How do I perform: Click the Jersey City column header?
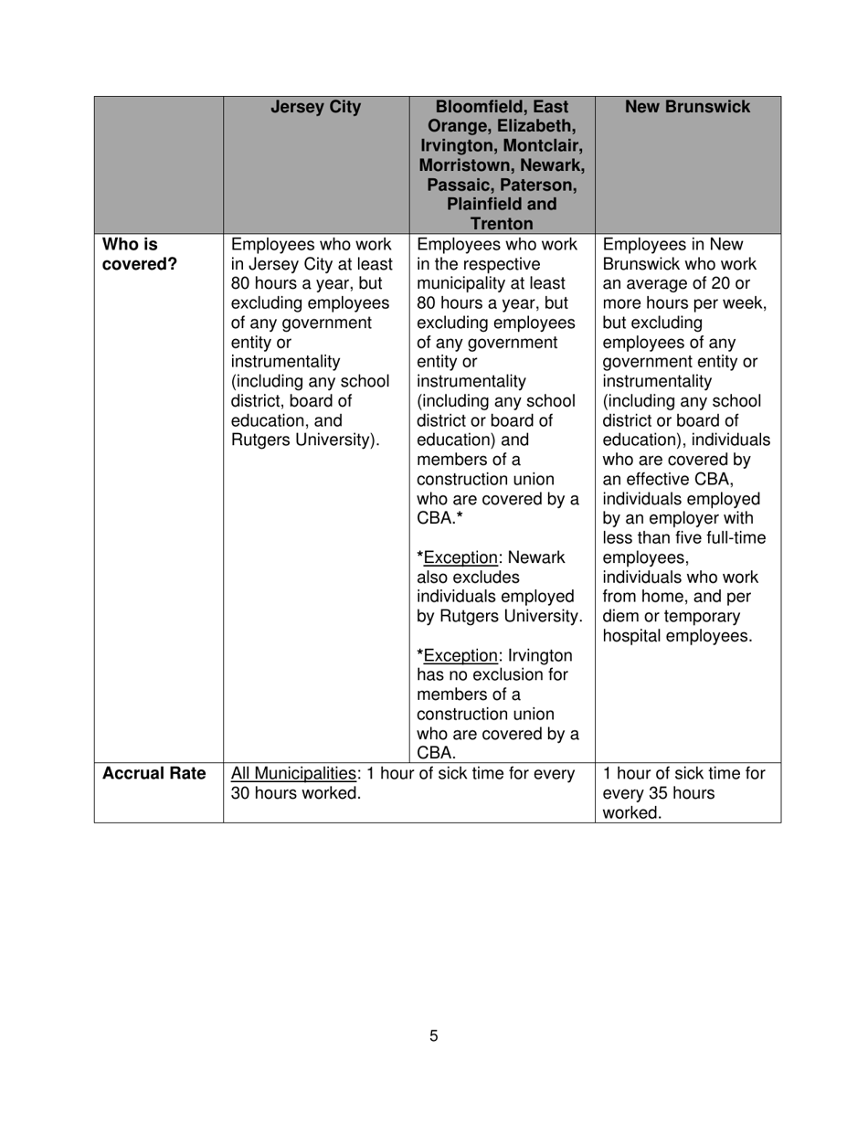click(x=316, y=108)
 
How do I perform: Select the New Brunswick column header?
click(x=687, y=108)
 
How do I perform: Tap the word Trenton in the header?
click(x=502, y=224)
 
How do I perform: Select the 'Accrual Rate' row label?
click(x=153, y=774)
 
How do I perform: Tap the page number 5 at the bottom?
click(x=434, y=1036)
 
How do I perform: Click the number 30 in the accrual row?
click(x=243, y=793)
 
